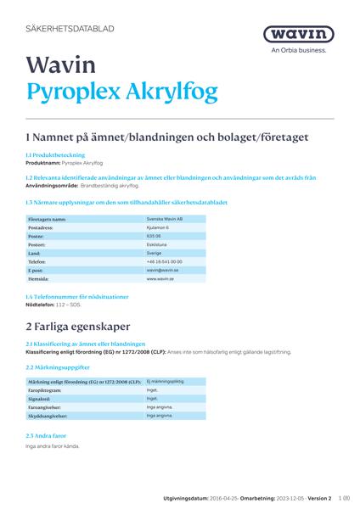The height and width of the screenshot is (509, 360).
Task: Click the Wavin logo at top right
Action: (298, 34)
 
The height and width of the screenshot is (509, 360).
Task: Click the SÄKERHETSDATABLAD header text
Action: (70, 29)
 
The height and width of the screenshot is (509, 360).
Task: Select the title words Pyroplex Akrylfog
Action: (122, 92)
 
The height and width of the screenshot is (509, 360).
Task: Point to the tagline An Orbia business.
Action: (298, 50)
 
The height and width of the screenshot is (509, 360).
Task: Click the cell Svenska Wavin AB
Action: (165, 219)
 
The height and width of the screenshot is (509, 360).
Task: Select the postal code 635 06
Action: (155, 237)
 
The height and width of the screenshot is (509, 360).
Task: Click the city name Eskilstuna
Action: (156, 244)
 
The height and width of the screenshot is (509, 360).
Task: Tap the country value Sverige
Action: (154, 253)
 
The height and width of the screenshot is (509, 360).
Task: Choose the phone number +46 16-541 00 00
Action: (164, 261)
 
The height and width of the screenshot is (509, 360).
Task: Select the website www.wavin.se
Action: (160, 278)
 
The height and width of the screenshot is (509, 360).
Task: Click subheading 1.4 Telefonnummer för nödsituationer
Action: (77, 297)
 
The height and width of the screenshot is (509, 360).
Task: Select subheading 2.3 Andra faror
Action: (48, 435)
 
